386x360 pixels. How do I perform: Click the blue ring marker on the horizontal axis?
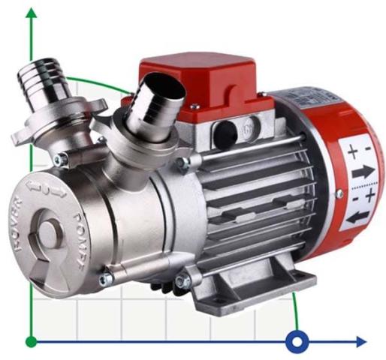pyautogui.click(x=297, y=342)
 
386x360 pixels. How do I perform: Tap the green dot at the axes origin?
pyautogui.click(x=31, y=342)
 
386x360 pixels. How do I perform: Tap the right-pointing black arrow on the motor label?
pyautogui.click(x=363, y=172)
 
